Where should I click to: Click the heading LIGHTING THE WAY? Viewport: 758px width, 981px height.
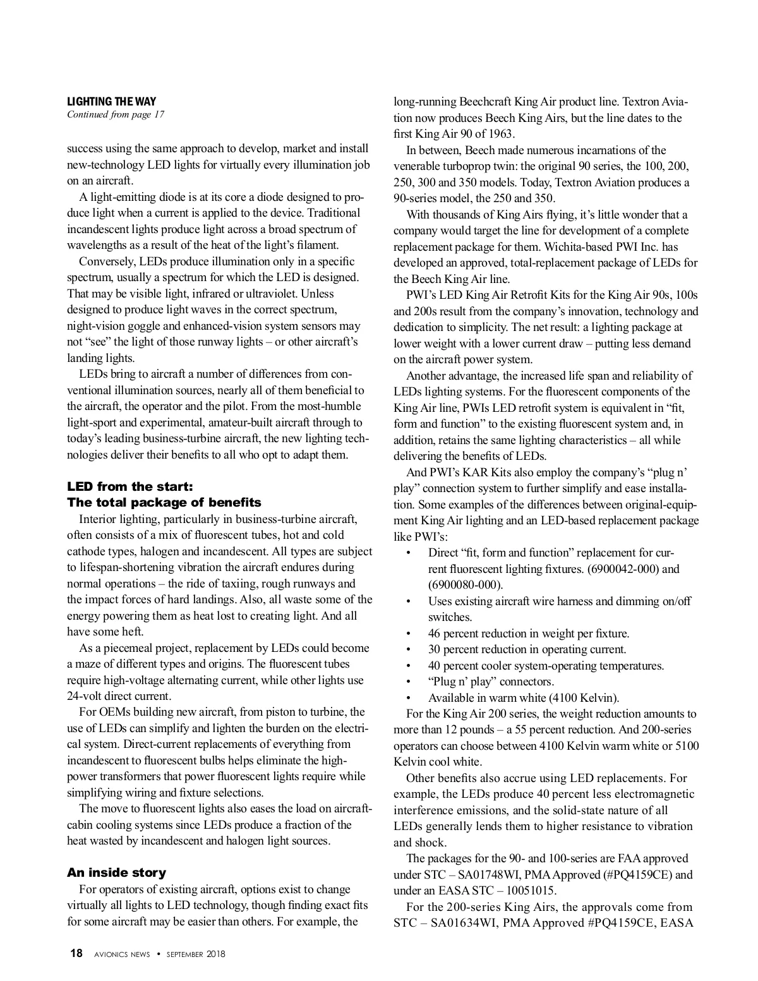pyautogui.click(x=112, y=101)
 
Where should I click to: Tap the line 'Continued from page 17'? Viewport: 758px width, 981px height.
pyautogui.click(x=116, y=114)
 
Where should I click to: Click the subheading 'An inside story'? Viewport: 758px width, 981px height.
pyautogui.click(x=116, y=872)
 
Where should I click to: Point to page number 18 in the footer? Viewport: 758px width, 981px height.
pyautogui.click(x=76, y=954)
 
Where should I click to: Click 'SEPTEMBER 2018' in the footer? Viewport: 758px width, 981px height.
pyautogui.click(x=196, y=954)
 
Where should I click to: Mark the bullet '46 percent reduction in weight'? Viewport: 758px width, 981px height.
pyautogui.click(x=528, y=633)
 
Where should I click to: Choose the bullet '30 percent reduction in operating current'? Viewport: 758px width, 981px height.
pyautogui.click(x=527, y=649)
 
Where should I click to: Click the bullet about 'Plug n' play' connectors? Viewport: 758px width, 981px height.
pyautogui.click(x=491, y=682)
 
